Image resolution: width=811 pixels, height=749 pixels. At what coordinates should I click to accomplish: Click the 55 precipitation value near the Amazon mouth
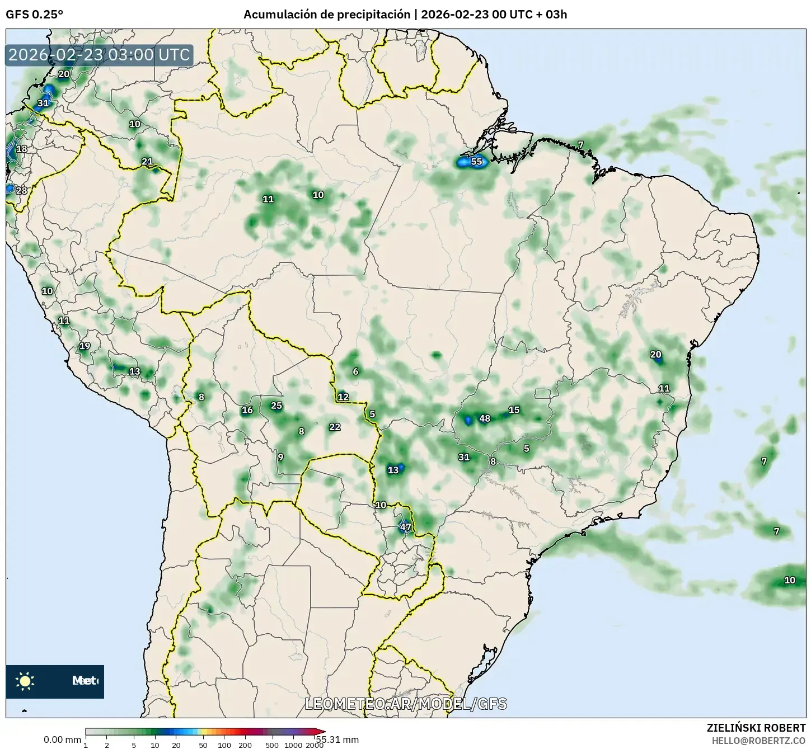[476, 162]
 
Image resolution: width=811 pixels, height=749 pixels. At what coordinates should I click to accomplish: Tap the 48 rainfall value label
[485, 418]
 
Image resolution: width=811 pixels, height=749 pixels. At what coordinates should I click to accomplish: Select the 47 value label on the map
[406, 527]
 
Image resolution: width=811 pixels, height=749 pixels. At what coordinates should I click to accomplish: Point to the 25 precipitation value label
[276, 406]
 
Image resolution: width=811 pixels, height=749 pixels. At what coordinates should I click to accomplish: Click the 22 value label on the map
[335, 427]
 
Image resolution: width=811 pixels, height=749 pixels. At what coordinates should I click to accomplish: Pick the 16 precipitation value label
[247, 410]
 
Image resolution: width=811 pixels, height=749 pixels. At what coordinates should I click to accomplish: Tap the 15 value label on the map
[514, 410]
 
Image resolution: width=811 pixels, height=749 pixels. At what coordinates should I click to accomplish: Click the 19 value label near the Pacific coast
[85, 346]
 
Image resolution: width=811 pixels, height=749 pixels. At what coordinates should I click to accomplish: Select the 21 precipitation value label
[147, 162]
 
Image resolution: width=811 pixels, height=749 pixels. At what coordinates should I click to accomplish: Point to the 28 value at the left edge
[21, 190]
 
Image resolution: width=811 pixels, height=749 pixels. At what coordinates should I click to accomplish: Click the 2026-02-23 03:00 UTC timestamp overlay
[100, 55]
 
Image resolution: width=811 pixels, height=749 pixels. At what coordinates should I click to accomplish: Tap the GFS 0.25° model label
[34, 15]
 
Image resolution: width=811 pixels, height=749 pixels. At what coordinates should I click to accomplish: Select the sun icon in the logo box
[25, 681]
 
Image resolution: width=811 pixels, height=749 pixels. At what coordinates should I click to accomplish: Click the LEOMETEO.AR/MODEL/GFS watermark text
[406, 704]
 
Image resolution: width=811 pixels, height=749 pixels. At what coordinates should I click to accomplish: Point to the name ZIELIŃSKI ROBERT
[756, 728]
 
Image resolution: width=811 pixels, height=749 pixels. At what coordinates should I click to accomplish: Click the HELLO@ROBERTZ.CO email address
[758, 741]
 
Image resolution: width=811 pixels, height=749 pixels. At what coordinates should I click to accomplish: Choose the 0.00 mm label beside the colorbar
[62, 739]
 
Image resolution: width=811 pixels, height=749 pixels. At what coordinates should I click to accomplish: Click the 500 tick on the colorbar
[272, 745]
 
